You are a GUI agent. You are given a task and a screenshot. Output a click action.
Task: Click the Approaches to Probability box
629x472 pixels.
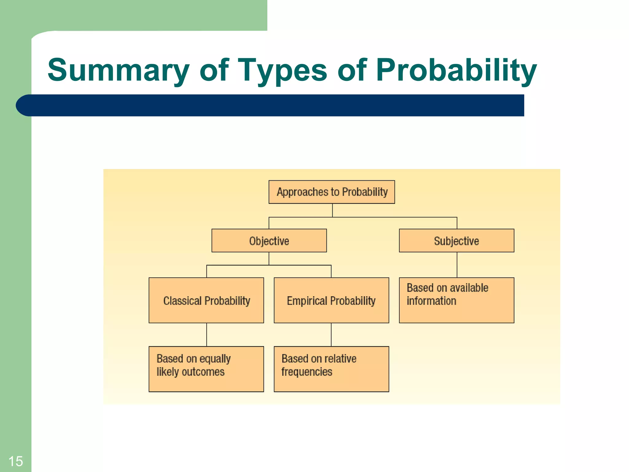click(332, 192)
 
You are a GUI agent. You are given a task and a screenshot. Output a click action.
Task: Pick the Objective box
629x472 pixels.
click(269, 241)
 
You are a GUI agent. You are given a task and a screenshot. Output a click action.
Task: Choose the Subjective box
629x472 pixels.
click(456, 241)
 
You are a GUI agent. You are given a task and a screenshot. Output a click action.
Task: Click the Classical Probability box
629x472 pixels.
click(206, 300)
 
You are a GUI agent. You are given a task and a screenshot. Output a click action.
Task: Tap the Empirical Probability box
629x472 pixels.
click(331, 300)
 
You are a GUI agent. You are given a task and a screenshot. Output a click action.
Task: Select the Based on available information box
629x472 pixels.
click(456, 300)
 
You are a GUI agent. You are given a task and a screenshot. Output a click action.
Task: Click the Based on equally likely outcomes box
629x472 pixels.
click(206, 369)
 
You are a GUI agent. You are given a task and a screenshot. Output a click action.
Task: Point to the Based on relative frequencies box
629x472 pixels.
click(331, 369)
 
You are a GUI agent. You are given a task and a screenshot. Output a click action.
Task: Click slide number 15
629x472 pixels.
click(15, 461)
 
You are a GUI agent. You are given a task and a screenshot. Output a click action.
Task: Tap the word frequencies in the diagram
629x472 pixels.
click(307, 372)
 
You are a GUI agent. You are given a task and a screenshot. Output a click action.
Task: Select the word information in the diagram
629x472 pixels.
click(431, 301)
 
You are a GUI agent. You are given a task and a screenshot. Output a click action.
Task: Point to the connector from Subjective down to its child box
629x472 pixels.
click(457, 265)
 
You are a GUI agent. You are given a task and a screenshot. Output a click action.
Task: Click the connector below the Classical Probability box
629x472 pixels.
click(207, 335)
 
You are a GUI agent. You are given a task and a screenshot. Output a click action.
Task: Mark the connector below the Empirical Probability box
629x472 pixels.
click(331, 335)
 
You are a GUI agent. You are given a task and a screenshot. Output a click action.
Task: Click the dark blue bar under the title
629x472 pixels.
click(270, 105)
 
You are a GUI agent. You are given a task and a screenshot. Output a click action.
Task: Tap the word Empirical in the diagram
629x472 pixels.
click(307, 301)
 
